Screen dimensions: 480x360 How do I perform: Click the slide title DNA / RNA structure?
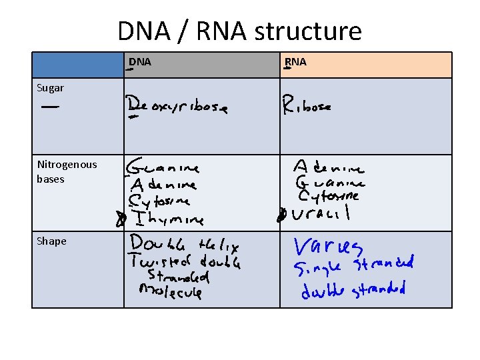point(239,31)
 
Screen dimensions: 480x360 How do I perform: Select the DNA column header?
point(140,62)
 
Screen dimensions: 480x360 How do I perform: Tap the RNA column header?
point(295,62)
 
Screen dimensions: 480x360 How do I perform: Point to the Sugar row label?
point(51,87)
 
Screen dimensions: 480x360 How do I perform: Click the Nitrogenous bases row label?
point(67,171)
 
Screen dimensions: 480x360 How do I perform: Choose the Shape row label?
point(52,241)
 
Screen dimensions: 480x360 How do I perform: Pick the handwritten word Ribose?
point(306,105)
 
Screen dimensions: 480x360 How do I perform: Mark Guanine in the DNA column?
point(163,166)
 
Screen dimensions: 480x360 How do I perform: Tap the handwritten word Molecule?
point(170,291)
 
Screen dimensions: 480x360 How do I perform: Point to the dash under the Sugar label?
point(49,107)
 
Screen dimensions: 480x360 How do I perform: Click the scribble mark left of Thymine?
point(121,219)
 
